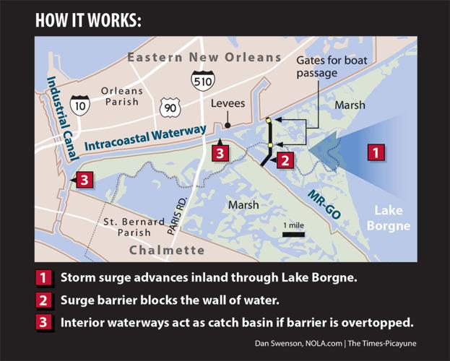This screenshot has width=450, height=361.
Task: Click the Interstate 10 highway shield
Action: (x=79, y=105)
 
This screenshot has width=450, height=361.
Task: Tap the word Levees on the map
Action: (x=228, y=104)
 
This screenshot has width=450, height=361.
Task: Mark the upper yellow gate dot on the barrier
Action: (x=269, y=121)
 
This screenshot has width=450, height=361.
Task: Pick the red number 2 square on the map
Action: (x=285, y=160)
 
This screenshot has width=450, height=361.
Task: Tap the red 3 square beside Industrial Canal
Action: (x=84, y=180)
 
